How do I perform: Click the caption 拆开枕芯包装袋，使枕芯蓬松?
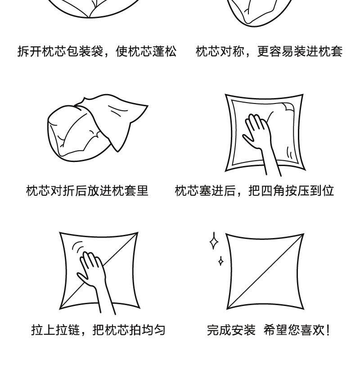tap(97, 51)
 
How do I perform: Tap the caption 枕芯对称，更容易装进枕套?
tap(269, 51)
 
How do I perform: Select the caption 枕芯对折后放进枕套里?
tap(87, 191)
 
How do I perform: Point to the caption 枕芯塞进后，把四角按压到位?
tap(254, 191)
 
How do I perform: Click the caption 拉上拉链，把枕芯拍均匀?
tap(98, 330)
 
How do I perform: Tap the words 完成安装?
tap(231, 330)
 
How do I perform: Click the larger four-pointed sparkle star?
tap(214, 241)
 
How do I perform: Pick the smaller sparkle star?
tap(220, 261)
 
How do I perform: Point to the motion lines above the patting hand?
tap(78, 247)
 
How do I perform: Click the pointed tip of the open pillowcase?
tap(148, 106)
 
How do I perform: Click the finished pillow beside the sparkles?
tap(265, 271)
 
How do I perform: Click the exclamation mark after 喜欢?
tap(328, 330)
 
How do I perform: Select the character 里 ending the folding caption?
tap(142, 191)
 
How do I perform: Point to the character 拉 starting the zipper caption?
tap(37, 330)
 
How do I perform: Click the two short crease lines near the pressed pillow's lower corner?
tap(289, 153)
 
